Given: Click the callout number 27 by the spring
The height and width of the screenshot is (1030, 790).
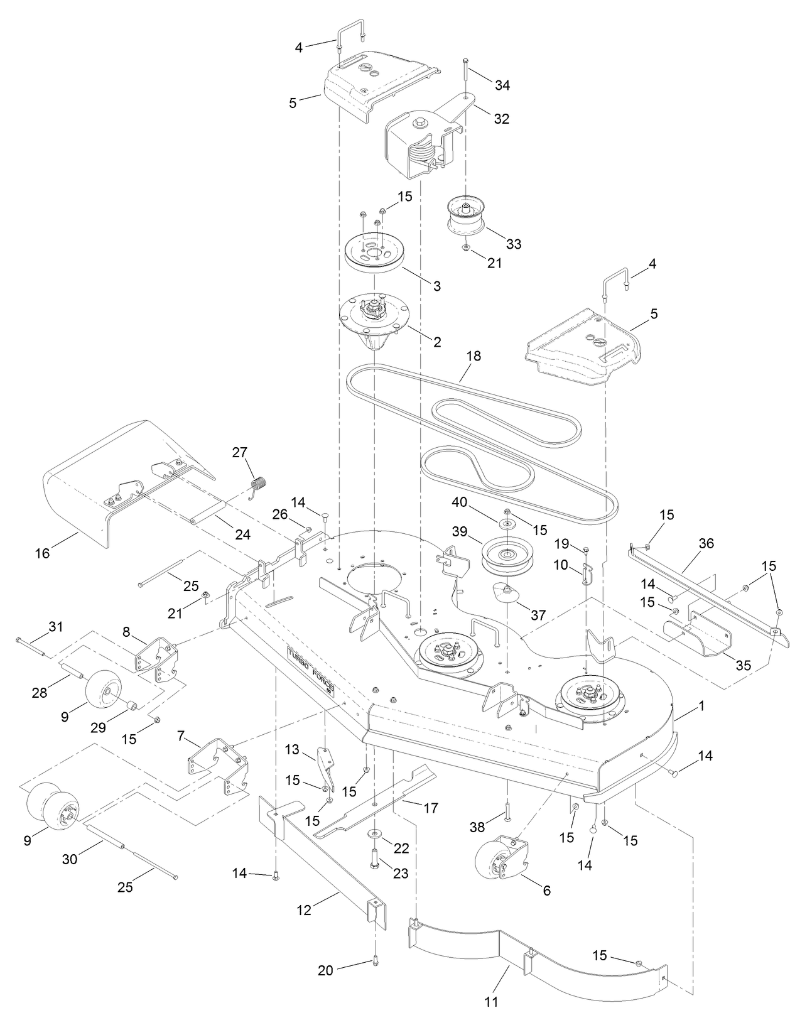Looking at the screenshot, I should click(x=240, y=452).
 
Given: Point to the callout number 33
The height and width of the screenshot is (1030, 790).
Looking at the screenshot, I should click(x=514, y=244).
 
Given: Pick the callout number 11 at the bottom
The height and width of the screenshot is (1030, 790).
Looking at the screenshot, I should click(x=492, y=1002).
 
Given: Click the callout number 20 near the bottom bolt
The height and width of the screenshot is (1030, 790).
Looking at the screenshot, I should click(x=325, y=970).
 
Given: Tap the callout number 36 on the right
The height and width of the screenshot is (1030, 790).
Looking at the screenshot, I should click(x=706, y=543).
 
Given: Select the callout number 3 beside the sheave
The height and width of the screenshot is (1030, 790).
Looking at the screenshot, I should click(x=437, y=286).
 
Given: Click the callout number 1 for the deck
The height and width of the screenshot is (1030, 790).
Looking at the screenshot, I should click(x=701, y=706).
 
